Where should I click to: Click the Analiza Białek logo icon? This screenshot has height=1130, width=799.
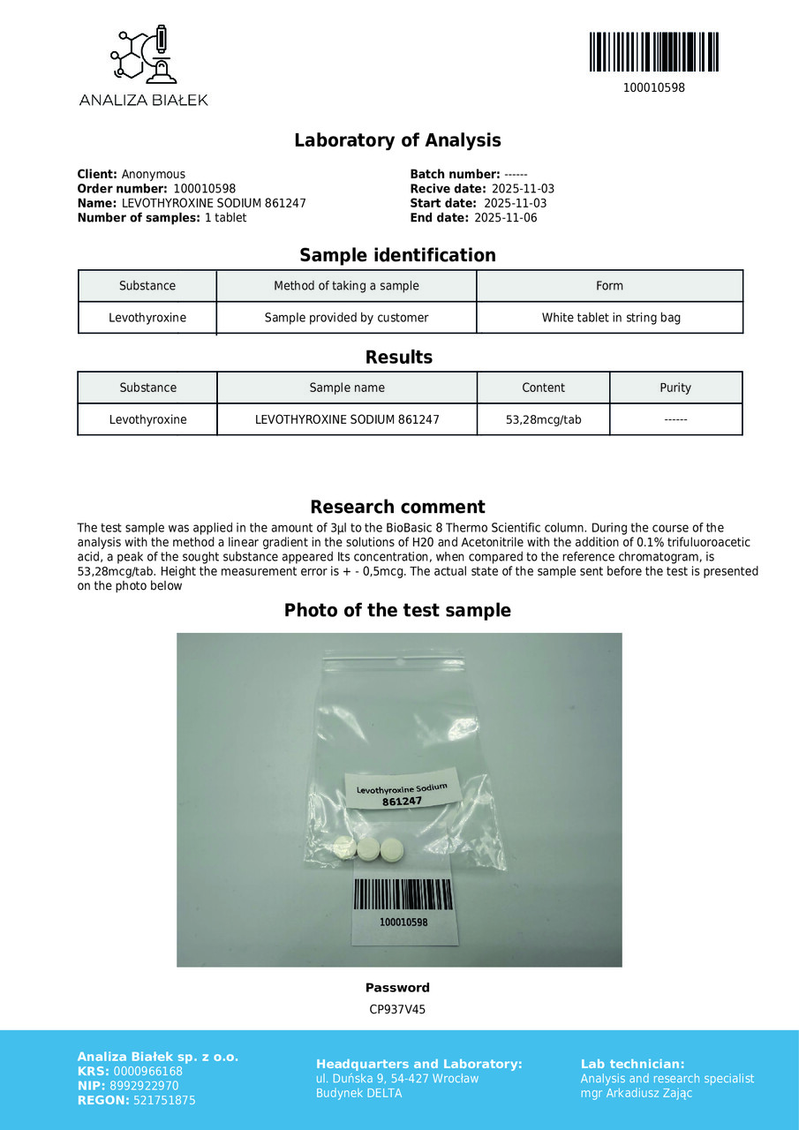click(x=144, y=56)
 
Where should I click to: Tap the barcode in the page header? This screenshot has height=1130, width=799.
click(x=653, y=52)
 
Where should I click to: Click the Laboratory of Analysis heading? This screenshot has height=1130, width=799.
click(x=397, y=140)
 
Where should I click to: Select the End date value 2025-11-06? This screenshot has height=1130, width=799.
click(x=505, y=218)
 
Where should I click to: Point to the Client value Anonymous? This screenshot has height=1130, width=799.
click(x=154, y=174)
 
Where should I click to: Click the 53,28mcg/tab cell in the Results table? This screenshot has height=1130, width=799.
click(x=543, y=419)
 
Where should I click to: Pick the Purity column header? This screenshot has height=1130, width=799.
click(x=675, y=388)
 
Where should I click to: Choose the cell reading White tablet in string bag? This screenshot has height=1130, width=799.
click(x=611, y=318)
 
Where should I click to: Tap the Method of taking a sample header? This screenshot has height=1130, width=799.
click(x=346, y=286)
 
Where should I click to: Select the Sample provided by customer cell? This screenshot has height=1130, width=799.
click(x=346, y=318)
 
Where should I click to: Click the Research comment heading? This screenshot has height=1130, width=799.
click(x=397, y=507)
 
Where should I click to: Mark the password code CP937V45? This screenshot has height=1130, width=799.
click(x=397, y=1009)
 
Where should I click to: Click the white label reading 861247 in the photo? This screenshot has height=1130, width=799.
click(x=403, y=794)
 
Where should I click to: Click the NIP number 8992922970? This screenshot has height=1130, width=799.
click(x=146, y=1086)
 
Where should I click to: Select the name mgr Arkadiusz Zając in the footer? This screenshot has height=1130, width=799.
click(x=637, y=1093)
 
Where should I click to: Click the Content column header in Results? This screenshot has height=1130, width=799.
click(x=543, y=388)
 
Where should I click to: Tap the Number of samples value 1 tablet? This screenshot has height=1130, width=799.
click(x=225, y=218)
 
